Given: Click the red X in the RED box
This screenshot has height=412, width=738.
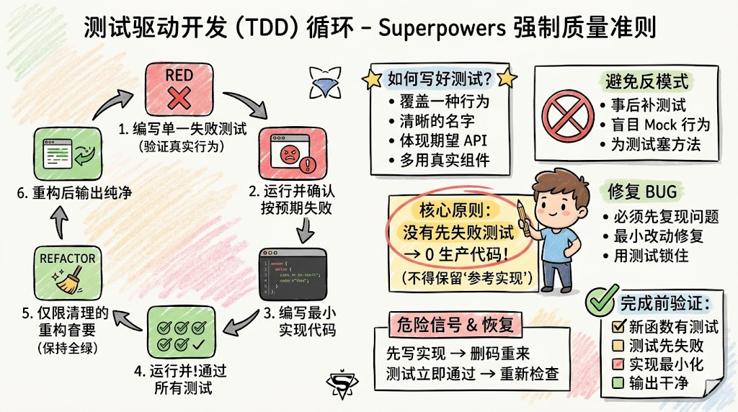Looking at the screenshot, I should pyautogui.click(x=179, y=95).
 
